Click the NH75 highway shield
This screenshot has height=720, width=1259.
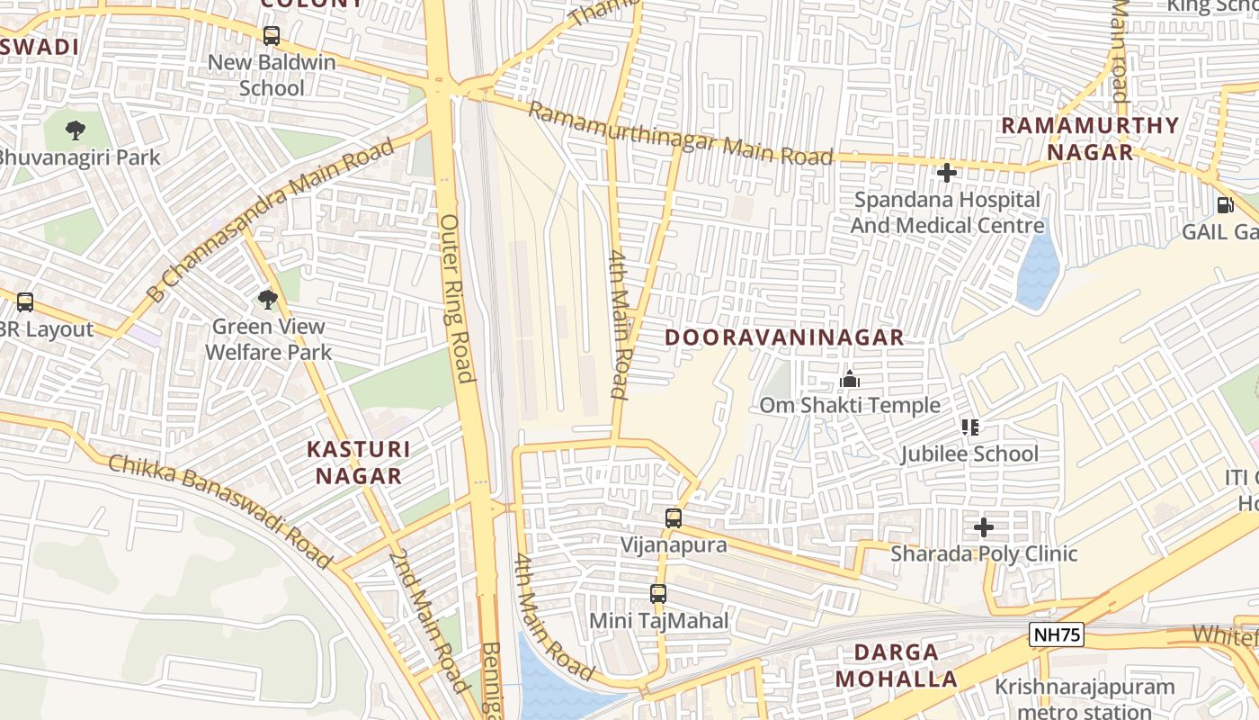click(1056, 635)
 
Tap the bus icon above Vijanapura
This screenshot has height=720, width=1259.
click(673, 518)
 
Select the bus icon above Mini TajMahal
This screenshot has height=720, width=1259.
click(658, 594)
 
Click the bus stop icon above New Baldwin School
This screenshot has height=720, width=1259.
click(271, 36)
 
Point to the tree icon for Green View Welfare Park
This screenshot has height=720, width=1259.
click(266, 300)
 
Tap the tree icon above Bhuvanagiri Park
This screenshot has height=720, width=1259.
click(76, 130)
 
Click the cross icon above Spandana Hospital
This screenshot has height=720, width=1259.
click(946, 173)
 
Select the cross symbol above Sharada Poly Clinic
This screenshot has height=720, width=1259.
click(984, 527)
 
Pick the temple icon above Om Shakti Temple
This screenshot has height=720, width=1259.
click(849, 380)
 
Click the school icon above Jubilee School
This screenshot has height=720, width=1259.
click(969, 427)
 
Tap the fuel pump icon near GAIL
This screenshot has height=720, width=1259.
click(1225, 205)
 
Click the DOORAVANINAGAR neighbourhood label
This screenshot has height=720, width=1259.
click(784, 337)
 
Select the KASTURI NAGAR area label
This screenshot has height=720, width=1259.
click(358, 462)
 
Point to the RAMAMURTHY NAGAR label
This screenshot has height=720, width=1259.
click(1090, 138)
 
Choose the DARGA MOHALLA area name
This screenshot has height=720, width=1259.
click(897, 665)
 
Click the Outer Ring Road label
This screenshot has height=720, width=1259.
click(456, 297)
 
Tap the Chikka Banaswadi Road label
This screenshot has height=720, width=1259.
click(220, 508)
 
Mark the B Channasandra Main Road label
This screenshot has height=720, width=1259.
click(270, 220)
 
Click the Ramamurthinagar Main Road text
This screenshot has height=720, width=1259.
click(680, 134)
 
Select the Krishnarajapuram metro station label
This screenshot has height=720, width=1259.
click(1085, 698)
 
